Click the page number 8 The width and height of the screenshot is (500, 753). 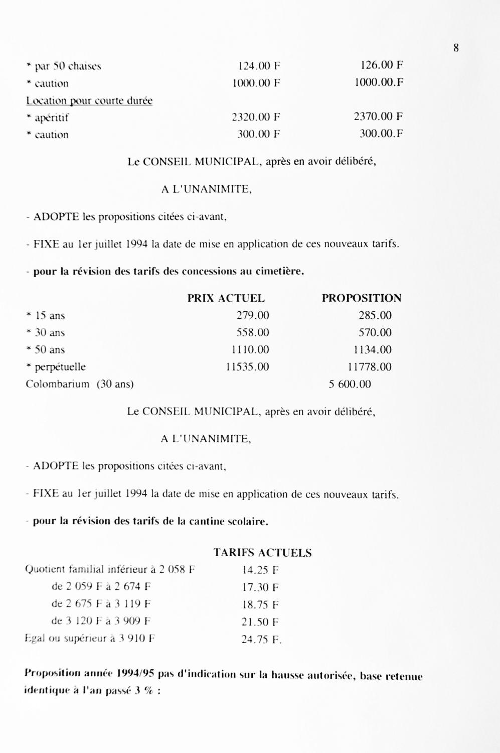point(456,48)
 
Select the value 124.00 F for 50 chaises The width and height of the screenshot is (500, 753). point(259,66)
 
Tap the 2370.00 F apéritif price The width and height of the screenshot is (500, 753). point(378,116)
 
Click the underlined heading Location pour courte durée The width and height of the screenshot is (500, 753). point(89,100)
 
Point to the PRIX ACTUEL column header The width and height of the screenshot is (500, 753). point(226,298)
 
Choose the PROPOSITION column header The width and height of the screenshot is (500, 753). point(362,298)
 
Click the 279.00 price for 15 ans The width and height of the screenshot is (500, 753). point(253,315)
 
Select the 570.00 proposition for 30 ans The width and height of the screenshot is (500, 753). point(375,332)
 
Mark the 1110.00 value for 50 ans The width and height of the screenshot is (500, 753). point(250,349)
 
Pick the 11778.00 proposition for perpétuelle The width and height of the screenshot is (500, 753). point(369,367)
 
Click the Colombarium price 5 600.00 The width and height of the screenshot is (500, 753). point(350,384)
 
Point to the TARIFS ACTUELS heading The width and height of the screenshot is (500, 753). point(262,553)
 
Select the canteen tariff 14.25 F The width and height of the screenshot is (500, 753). point(260,570)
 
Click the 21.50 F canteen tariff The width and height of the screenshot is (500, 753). point(260,622)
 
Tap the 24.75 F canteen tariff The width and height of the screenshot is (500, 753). point(261,640)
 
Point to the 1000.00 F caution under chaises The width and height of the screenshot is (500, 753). point(256,83)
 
